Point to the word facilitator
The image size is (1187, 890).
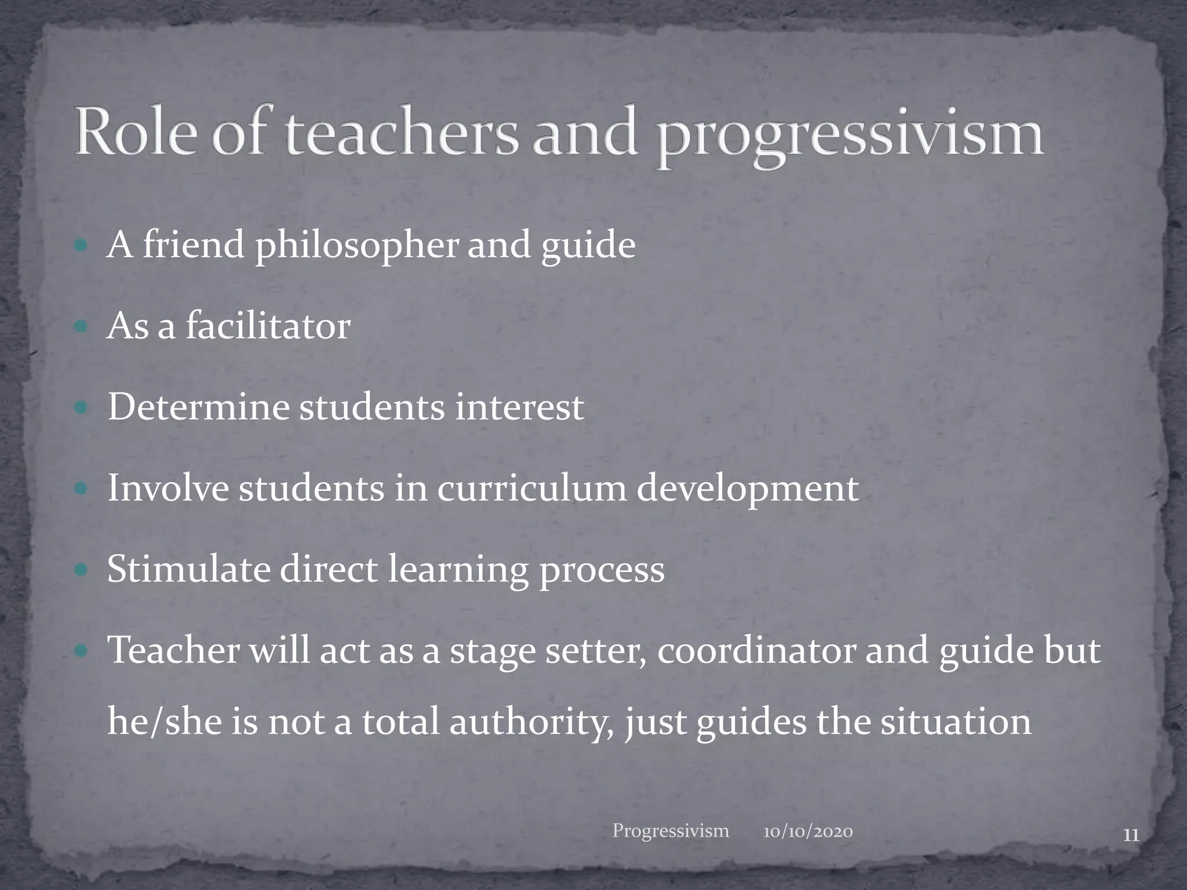[268, 326]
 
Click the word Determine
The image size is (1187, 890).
[198, 407]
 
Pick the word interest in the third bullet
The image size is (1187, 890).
[519, 407]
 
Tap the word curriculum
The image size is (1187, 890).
[531, 488]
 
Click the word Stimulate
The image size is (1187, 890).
[188, 570]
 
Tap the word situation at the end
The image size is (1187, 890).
[956, 723]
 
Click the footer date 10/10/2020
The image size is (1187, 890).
[808, 833]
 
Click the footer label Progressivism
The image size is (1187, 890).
[671, 831]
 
